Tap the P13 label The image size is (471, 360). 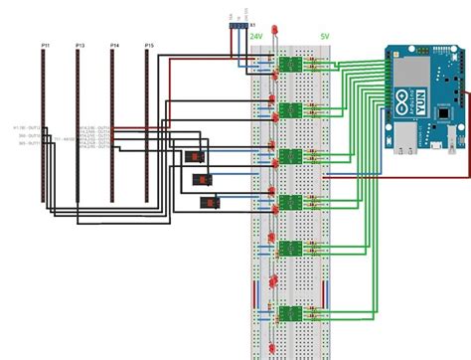78,46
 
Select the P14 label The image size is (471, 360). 115,46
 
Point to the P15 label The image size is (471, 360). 149,46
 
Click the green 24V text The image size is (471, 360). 256,35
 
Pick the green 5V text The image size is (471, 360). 324,35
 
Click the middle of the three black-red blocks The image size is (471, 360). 203,180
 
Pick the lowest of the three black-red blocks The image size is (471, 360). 211,203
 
